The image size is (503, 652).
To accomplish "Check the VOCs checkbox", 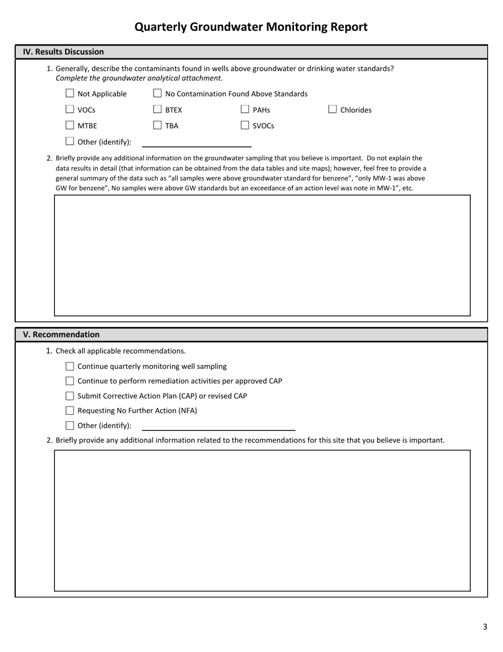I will coord(70,109).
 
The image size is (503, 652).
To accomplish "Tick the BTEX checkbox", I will coord(157,109).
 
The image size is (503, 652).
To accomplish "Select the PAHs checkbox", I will coord(245,109).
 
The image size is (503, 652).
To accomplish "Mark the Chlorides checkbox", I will coord(333,109).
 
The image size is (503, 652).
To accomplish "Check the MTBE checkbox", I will coord(70,125).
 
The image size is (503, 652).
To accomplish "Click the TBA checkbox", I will coord(157,125).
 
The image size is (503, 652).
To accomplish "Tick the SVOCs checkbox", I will coord(245,125).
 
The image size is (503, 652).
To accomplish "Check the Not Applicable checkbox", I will coord(70,93).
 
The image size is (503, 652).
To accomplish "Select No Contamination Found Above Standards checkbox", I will coord(157,93).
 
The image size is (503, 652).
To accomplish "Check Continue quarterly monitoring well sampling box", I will coord(70,366).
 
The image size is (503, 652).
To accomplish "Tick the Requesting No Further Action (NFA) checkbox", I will coord(70,410).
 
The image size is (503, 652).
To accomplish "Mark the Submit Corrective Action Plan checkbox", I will coord(70,396).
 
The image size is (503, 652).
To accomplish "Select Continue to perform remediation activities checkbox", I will coord(70,381).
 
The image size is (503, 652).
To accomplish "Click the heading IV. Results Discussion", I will coord(64,52).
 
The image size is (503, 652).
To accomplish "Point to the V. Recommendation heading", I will coord(61,334).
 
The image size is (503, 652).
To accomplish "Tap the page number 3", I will coord(484,627).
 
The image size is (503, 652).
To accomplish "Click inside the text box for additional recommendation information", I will coord(262,520).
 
